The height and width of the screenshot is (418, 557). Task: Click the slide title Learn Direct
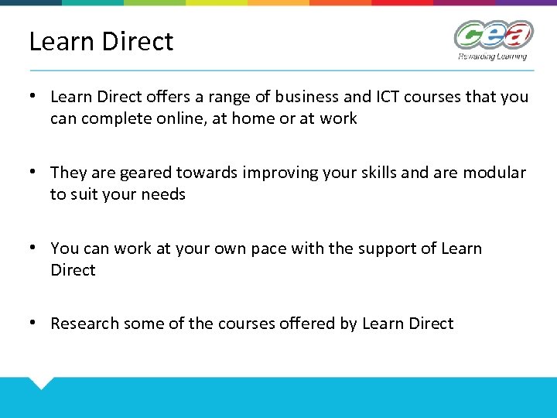(101, 41)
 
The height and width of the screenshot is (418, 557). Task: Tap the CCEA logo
(493, 35)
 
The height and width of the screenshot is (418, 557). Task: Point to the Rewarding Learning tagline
(492, 56)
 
